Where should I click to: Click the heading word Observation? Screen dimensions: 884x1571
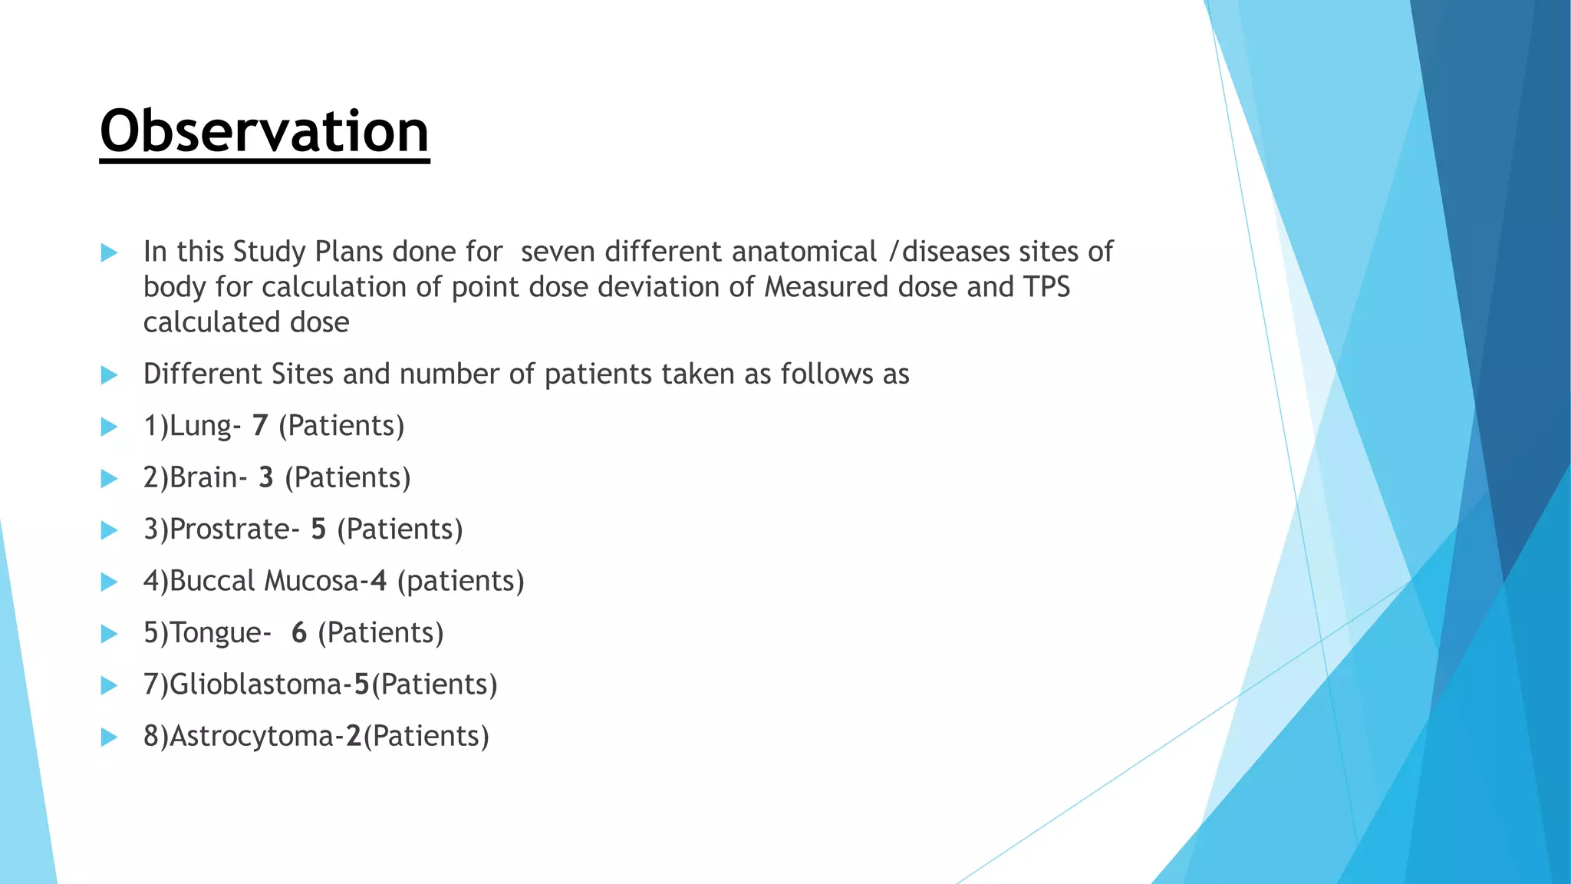(x=264, y=132)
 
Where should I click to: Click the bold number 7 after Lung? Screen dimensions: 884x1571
(x=260, y=426)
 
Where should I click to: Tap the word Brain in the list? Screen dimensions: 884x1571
(x=203, y=477)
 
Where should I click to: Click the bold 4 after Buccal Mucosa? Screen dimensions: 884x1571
(x=377, y=581)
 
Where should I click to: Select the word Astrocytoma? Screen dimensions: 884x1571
(x=251, y=736)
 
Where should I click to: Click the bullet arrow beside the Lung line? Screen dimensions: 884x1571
(x=109, y=427)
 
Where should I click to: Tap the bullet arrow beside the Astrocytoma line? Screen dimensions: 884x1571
(x=109, y=737)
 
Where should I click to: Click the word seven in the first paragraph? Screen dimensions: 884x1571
(x=558, y=252)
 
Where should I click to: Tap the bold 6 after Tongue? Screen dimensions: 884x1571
(x=299, y=633)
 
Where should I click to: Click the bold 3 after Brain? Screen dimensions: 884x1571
(x=266, y=477)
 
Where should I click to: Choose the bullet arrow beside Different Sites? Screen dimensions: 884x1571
(x=109, y=375)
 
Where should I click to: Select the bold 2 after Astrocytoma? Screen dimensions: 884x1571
(x=354, y=736)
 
